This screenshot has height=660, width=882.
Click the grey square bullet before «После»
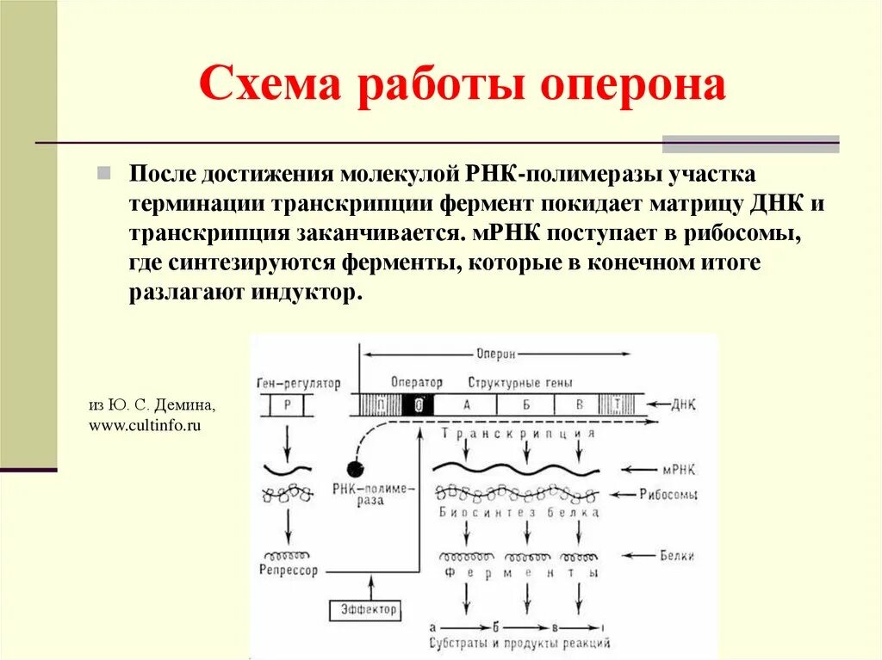coord(103,173)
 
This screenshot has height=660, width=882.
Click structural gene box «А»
coord(466,404)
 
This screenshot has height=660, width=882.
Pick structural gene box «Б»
coord(524,404)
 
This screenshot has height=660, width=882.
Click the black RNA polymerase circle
coord(354,468)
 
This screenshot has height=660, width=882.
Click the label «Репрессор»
coord(288,570)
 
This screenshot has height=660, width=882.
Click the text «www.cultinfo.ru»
coord(145,425)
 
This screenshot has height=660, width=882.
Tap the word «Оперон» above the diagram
coord(496,353)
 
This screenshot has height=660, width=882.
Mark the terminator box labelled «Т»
coord(618,404)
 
